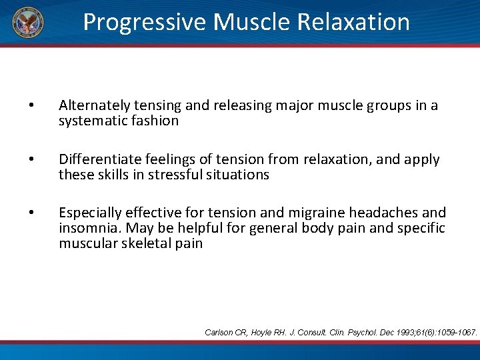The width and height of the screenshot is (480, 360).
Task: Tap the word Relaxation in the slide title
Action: click(x=353, y=22)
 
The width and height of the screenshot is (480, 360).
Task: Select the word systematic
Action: click(x=92, y=121)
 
